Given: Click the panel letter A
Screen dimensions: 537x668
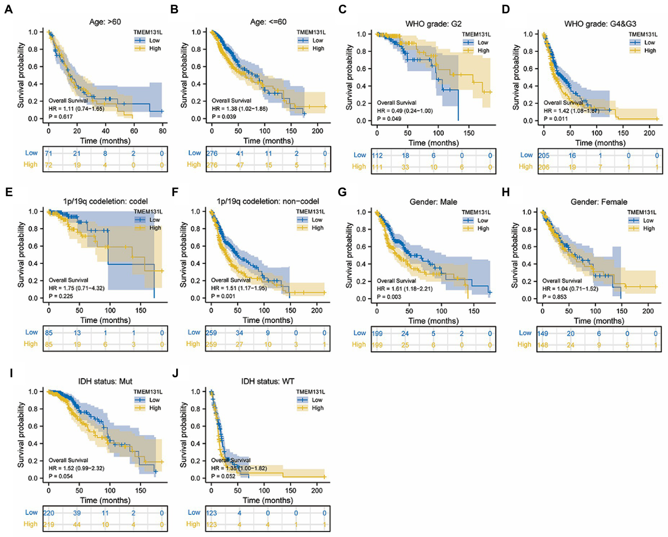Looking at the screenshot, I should click(8, 9).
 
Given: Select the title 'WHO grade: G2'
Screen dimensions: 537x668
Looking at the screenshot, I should click(433, 23).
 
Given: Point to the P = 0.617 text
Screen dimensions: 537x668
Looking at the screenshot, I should click(60, 117).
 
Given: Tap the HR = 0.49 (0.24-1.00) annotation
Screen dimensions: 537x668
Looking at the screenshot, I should click(405, 111).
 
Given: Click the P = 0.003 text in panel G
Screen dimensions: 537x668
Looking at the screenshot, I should click(389, 297).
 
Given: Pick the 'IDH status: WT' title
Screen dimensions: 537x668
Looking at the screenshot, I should click(268, 381).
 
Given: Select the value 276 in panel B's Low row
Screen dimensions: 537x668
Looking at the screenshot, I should click(211, 153).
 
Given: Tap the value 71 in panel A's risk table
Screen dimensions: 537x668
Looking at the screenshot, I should click(48, 153).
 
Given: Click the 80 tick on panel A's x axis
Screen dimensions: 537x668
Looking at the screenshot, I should click(162, 130).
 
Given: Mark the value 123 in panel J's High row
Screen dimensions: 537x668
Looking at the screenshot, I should click(211, 524).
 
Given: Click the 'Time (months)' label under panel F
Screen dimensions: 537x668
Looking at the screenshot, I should click(268, 320).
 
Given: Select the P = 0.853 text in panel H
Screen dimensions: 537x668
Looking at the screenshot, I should click(554, 297).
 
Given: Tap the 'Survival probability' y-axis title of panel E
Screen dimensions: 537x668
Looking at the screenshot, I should click(21, 255).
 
